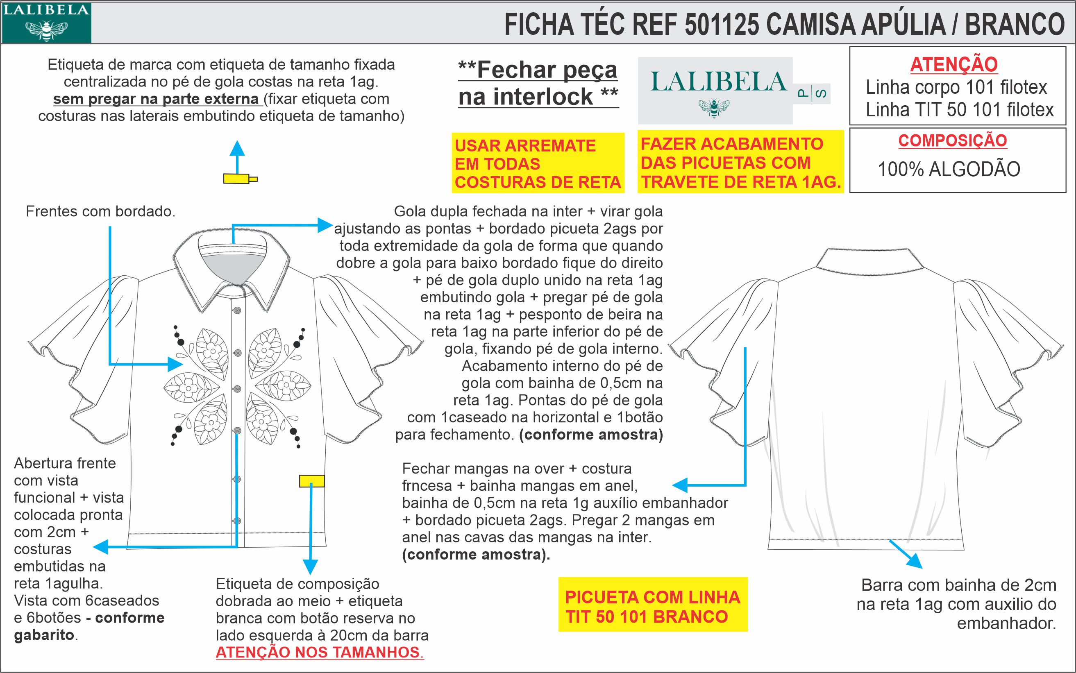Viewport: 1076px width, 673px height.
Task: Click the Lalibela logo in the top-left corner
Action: point(46,23)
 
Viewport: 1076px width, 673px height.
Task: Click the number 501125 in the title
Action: point(721,25)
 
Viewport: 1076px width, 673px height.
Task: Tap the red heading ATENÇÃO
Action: point(953,65)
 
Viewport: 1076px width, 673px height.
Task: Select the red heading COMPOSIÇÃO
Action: point(952,140)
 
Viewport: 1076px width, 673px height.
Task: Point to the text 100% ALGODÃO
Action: point(949,170)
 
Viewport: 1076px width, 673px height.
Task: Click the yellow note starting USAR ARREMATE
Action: point(537,163)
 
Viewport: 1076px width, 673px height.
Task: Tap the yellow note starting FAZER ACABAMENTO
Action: point(740,163)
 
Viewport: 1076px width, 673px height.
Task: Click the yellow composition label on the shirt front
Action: point(312,481)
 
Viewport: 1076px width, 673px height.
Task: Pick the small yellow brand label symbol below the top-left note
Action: point(240,179)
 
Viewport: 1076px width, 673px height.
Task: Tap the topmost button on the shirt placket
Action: point(237,310)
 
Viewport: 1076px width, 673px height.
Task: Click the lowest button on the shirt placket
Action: point(237,520)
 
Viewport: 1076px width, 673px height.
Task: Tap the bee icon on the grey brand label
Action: point(714,108)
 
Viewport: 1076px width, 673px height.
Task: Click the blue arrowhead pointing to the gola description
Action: point(325,225)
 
